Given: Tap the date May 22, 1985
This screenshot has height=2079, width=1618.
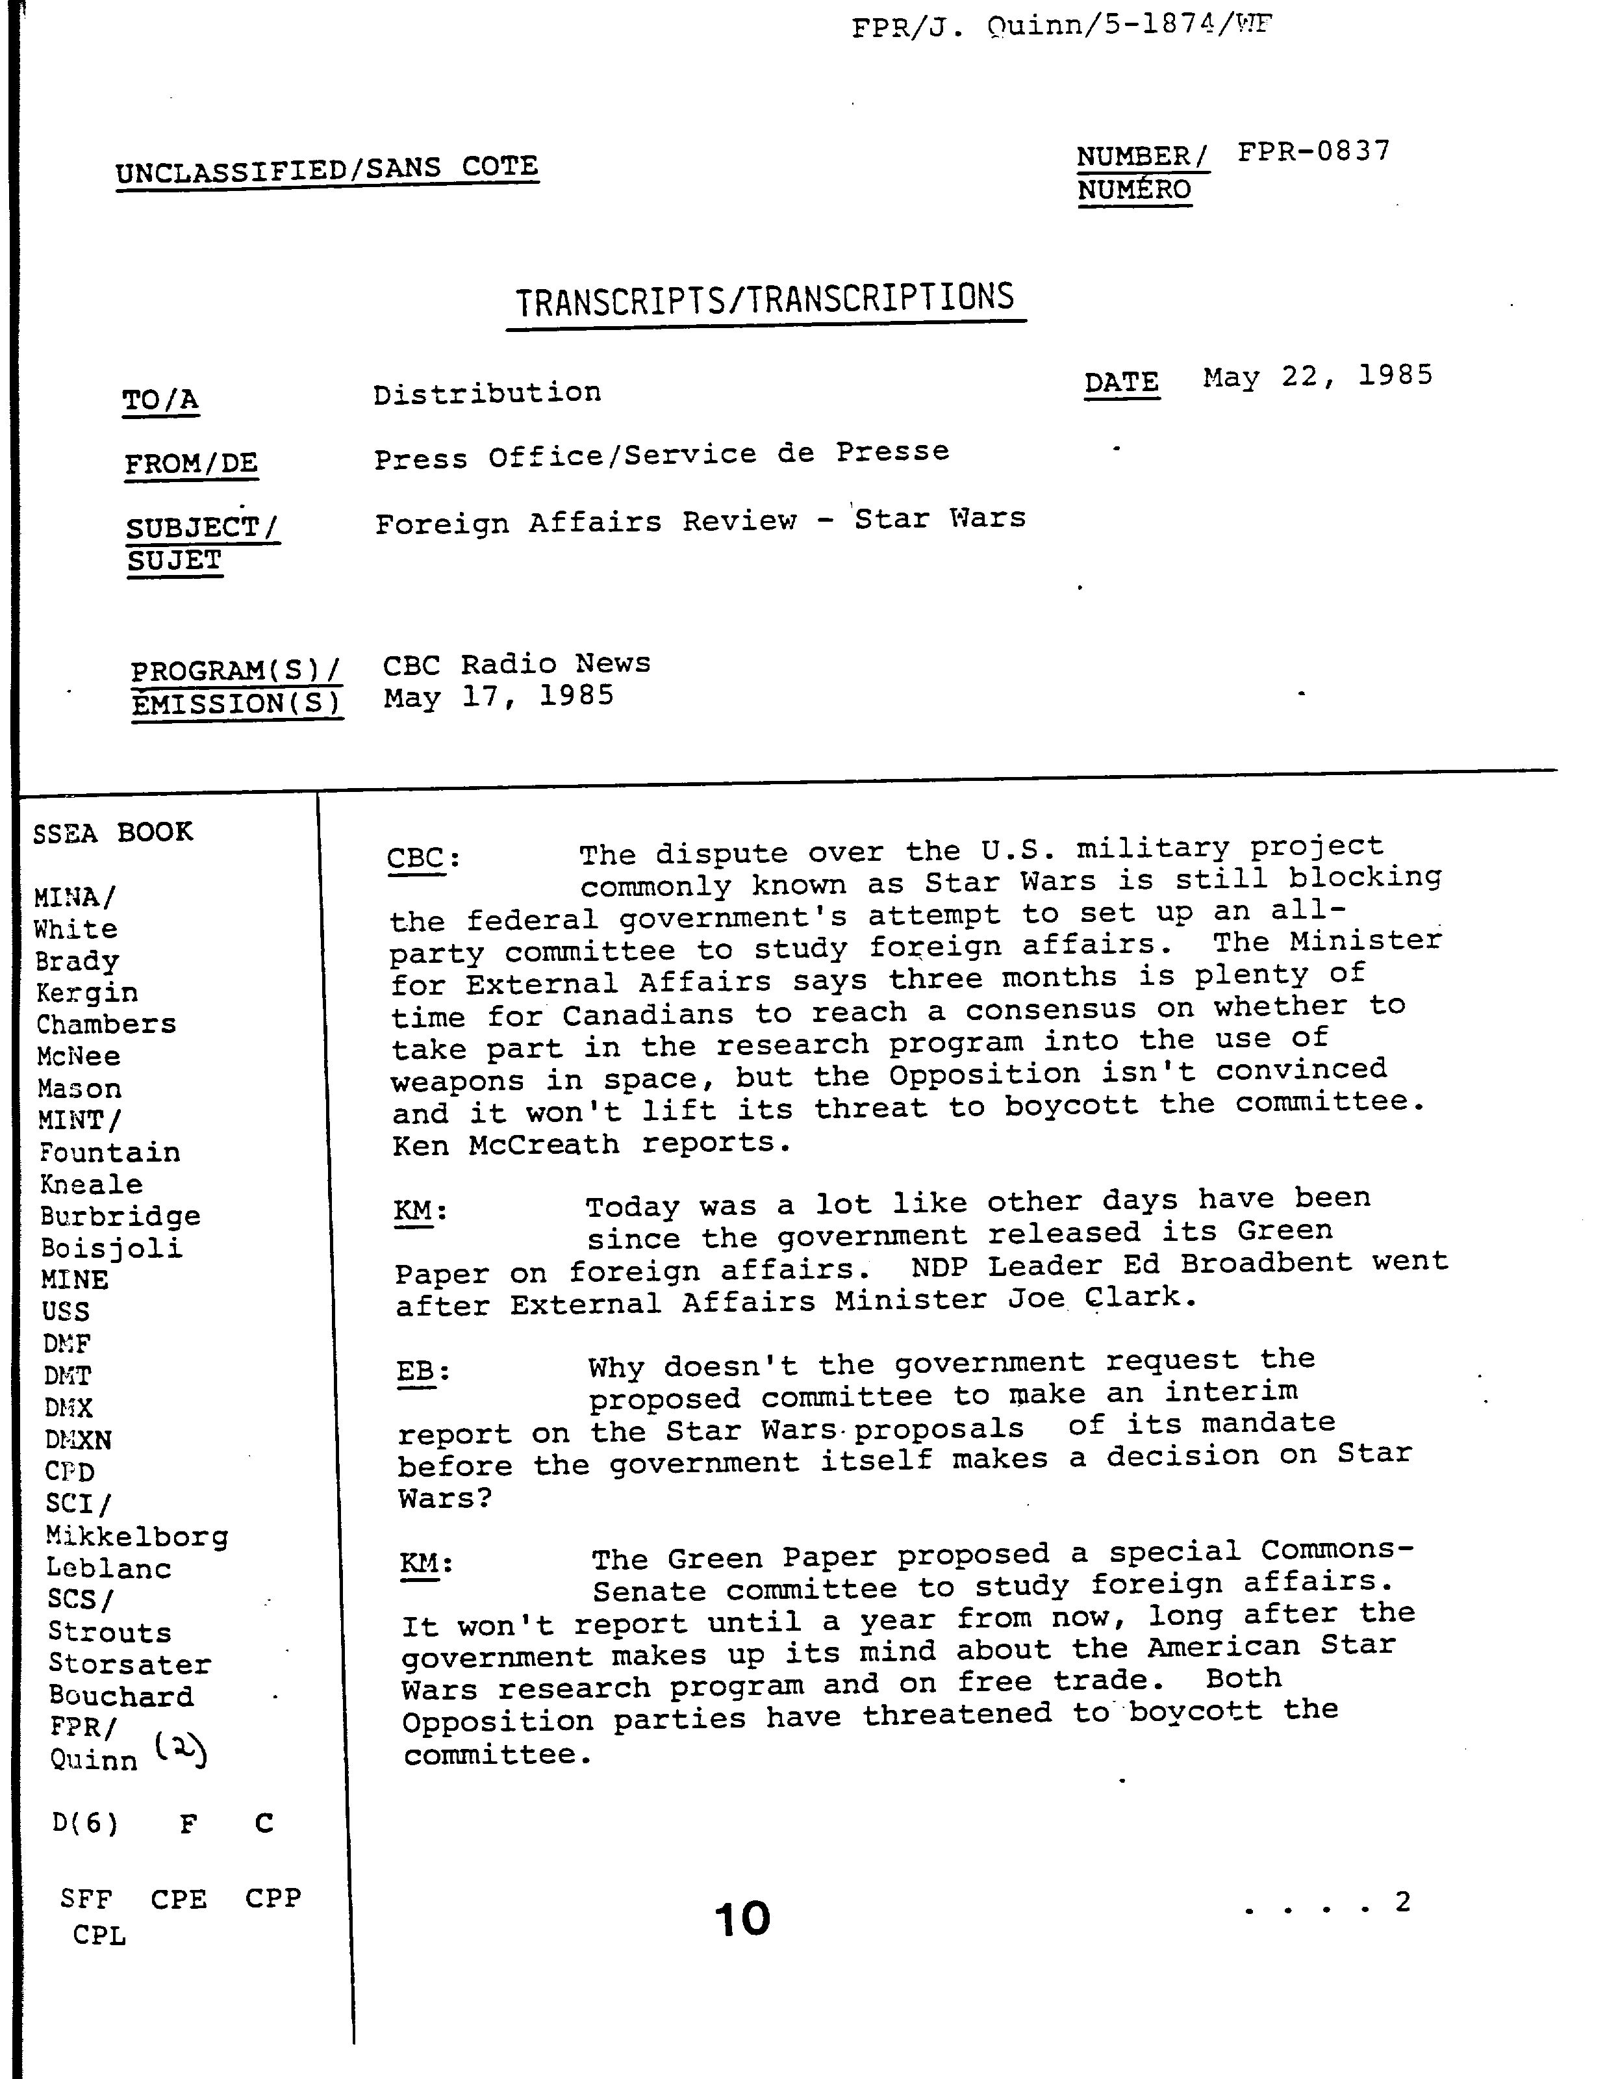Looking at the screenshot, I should point(1317,377).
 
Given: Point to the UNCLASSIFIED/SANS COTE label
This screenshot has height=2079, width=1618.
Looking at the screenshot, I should point(327,170).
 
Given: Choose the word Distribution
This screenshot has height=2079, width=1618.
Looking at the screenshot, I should point(487,393).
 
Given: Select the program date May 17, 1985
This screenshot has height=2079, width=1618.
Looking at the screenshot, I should point(499,697).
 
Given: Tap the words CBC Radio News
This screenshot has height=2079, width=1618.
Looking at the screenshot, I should point(517,663).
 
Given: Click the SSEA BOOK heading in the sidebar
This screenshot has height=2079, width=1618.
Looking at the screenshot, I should point(112,833).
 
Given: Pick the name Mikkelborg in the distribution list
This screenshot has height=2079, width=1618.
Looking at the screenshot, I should point(137,1537).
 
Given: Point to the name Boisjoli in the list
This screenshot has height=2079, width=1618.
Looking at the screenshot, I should point(111,1248).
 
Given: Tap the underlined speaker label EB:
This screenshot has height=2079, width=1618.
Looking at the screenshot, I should point(422,1371).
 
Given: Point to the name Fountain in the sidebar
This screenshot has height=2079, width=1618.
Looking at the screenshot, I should point(110,1153).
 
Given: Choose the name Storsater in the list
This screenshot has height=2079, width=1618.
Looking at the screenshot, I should point(129,1664).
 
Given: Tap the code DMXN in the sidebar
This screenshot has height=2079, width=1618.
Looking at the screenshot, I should point(78,1439).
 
